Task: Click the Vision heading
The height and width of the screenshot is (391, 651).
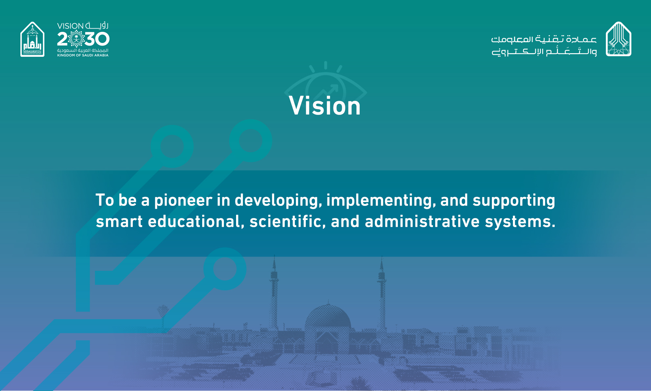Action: click(325, 106)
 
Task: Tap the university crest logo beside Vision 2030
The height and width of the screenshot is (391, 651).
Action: click(32, 39)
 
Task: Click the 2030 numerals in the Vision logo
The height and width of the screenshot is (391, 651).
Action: click(83, 39)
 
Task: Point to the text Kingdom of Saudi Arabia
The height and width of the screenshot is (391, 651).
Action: click(83, 55)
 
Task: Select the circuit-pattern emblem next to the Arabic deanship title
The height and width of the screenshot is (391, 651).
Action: click(618, 39)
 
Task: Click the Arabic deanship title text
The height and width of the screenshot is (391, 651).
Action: click(544, 45)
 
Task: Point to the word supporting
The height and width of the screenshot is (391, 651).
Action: click(514, 201)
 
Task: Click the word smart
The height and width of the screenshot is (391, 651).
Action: click(119, 222)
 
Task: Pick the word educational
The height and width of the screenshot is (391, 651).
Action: click(196, 222)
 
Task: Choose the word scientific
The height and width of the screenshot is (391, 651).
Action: click(287, 222)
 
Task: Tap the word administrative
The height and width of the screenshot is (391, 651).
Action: click(422, 222)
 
